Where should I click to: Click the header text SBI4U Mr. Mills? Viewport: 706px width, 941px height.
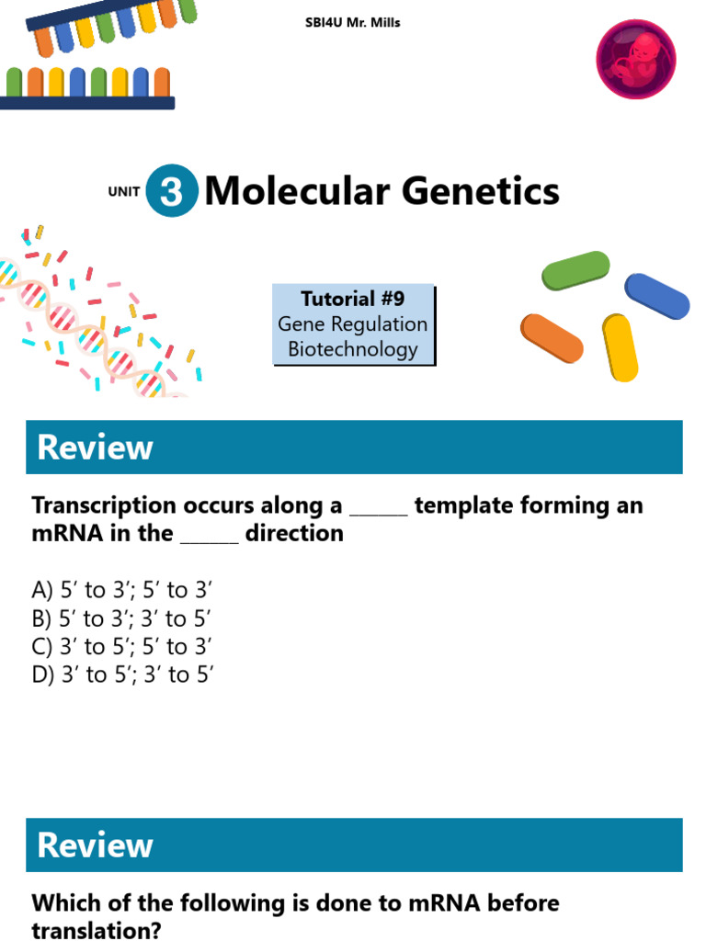point(352,23)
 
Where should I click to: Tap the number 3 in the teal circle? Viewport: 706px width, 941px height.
point(172,191)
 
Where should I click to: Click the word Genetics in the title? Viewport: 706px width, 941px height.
point(480,191)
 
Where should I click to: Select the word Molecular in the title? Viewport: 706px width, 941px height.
point(297,191)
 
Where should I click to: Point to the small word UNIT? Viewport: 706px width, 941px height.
point(124,191)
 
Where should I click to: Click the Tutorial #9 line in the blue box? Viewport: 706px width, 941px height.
point(353,299)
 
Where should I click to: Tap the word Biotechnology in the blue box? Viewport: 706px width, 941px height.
point(353,349)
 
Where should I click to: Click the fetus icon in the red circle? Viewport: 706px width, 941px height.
point(636,59)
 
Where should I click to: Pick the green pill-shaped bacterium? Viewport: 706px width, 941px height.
point(575,271)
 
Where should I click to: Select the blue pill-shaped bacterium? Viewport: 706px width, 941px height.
point(656,296)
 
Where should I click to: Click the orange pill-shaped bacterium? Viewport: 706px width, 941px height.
point(552,338)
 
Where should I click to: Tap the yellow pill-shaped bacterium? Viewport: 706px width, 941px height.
point(620,347)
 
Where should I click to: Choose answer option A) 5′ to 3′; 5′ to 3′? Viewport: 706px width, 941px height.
point(122,590)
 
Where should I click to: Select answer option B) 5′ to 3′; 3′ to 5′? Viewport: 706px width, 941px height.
point(121,618)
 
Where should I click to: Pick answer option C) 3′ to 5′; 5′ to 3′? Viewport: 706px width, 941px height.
point(121,646)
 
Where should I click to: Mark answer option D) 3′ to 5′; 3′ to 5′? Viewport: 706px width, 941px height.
point(122,675)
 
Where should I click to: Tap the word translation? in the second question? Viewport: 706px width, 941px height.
point(97,930)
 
